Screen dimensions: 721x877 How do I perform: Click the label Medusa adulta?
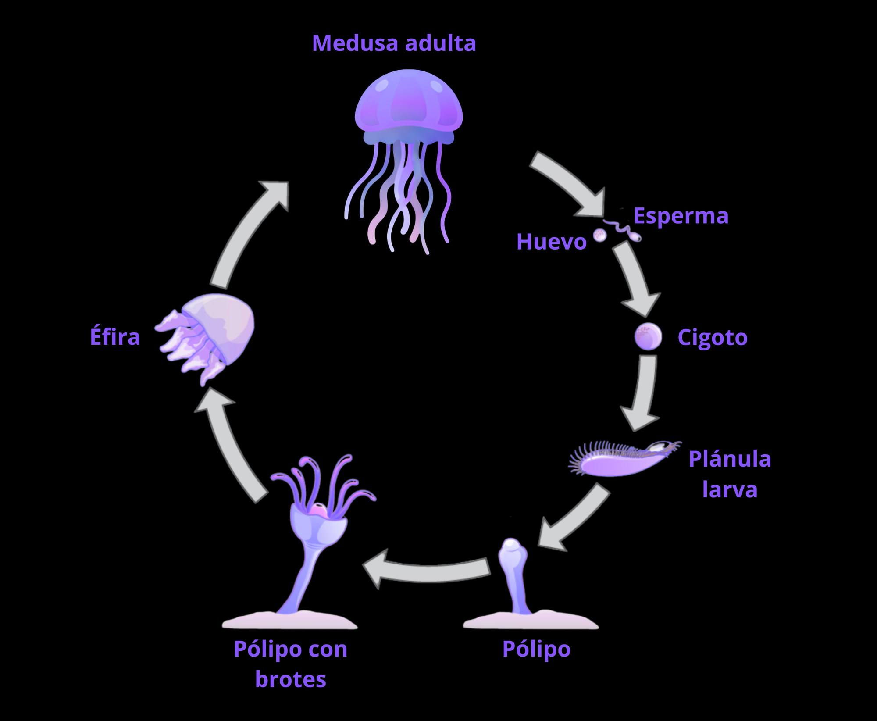tap(394, 43)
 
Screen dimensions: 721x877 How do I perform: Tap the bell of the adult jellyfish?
tap(408, 101)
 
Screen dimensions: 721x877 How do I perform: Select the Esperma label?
tap(681, 216)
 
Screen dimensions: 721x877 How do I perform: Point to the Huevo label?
tap(551, 242)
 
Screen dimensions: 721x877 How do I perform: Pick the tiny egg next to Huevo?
tap(600, 236)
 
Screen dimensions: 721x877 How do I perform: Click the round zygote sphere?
tap(648, 336)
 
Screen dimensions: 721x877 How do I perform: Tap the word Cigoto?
tap(713, 337)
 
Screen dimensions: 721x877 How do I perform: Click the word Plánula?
tap(730, 459)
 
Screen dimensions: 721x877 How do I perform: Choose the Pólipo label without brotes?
tap(536, 649)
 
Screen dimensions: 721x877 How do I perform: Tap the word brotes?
tap(290, 679)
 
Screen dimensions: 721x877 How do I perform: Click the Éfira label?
tap(115, 337)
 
